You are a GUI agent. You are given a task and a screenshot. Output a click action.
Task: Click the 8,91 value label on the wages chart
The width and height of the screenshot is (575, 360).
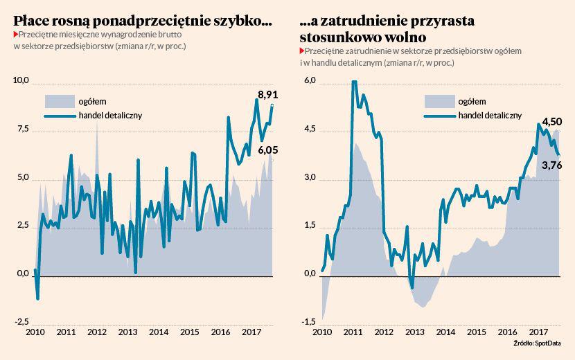coord(268,95)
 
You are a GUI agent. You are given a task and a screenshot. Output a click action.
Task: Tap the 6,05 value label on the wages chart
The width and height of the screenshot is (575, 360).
coord(268,149)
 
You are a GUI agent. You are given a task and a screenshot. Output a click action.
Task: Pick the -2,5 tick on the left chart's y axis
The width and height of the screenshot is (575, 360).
coord(21,321)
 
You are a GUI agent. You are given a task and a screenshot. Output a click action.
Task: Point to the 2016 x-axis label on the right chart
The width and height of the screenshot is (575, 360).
coord(508,332)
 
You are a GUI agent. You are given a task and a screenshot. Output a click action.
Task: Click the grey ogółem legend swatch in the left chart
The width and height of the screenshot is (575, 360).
coord(58,101)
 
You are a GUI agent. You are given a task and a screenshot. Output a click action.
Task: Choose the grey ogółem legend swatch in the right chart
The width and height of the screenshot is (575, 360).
coord(438,101)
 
